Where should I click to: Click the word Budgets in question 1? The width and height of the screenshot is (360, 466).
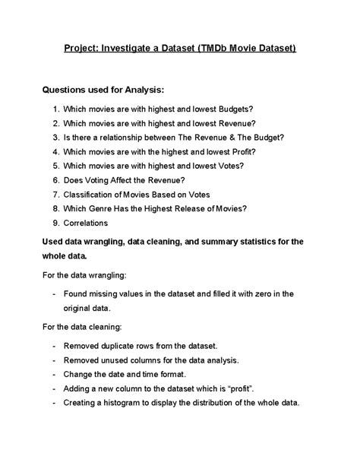pos(229,109)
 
